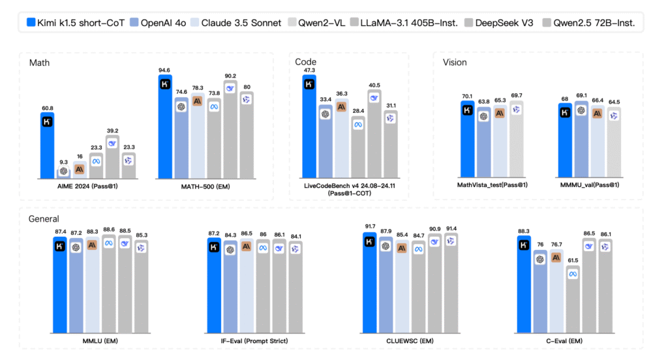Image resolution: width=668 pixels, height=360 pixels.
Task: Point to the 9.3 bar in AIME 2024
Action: click(64, 172)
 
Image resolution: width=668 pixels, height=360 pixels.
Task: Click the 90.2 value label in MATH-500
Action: click(231, 76)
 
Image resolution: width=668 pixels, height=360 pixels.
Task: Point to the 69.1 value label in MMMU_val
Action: click(581, 96)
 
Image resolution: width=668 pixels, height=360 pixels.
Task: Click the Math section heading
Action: click(40, 63)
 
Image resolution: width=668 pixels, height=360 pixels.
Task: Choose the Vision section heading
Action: click(455, 63)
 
